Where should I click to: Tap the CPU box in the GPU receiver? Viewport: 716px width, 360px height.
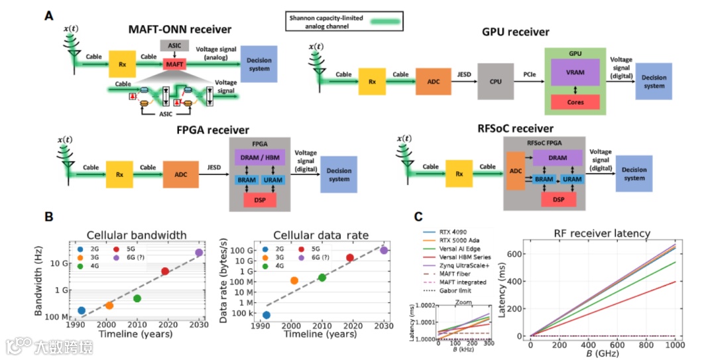495,82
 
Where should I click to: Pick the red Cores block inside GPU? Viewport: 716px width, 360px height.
575,101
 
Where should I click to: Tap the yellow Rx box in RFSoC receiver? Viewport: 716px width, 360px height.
463,174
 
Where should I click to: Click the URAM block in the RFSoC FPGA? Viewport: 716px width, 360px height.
571,180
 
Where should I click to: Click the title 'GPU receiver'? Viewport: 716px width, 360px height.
516,31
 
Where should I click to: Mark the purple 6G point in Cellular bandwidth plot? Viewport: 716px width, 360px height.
199,253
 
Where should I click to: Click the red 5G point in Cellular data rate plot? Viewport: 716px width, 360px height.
350,257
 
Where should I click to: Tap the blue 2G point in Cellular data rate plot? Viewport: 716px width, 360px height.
267,315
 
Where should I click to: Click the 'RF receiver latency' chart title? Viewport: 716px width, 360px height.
601,233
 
